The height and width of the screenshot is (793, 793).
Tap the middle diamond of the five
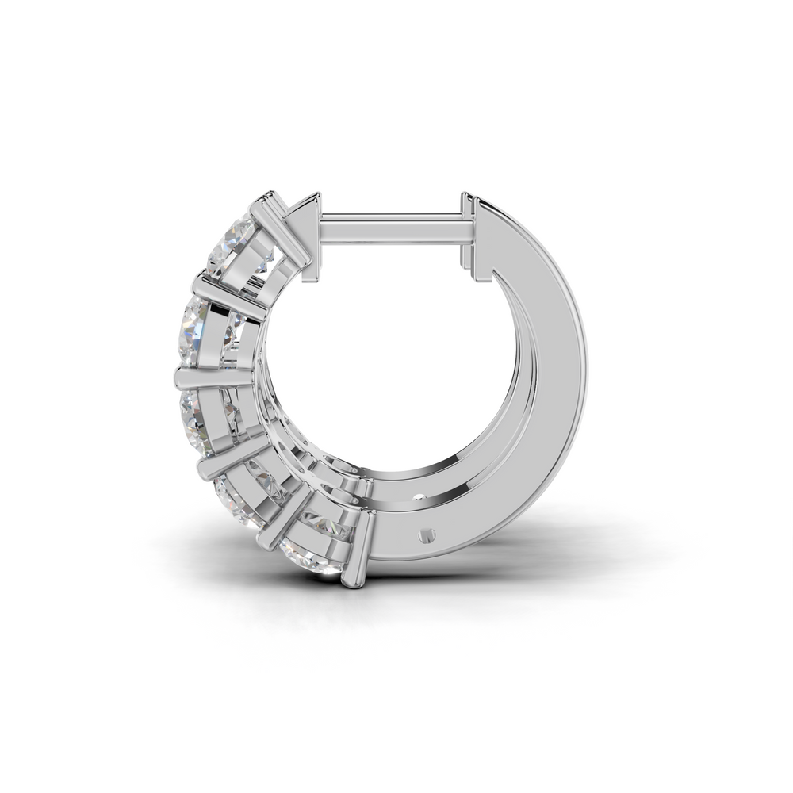pos(202,414)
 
